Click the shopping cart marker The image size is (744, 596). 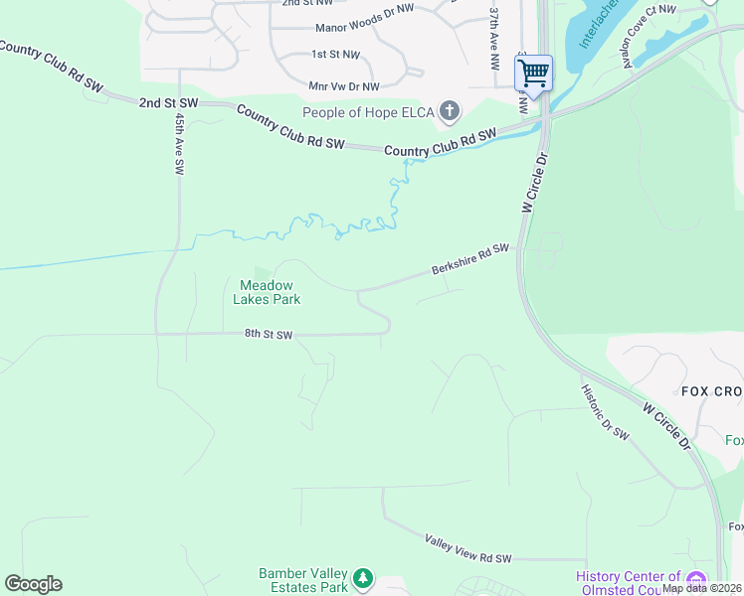533,73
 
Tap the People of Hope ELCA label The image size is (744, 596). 368,112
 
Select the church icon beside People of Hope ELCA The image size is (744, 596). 450,111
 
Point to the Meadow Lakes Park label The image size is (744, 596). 267,292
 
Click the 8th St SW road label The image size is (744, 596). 269,336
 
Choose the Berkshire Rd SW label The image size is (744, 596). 469,259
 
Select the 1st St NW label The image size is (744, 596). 335,54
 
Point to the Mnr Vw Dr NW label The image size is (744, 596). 344,86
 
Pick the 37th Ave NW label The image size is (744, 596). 494,40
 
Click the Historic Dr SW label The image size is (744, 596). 606,411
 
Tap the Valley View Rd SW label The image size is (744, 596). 467,549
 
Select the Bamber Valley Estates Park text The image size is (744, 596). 303,580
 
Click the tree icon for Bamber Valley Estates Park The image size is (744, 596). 364,577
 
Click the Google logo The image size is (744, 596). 33,584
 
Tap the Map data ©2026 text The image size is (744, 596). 700,588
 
